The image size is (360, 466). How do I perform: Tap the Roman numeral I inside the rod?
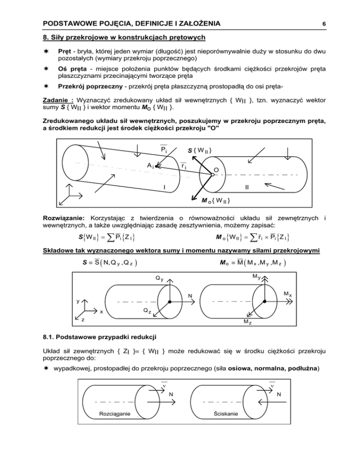coord(164,188)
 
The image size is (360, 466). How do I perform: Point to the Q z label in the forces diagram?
coord(147,311)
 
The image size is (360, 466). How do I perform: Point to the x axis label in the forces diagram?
coord(101,312)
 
